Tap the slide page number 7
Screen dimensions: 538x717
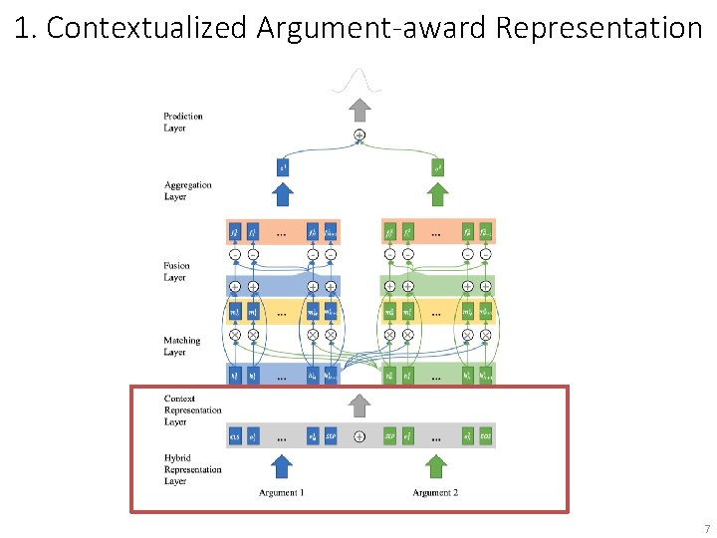[707, 528]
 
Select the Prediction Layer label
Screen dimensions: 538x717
[183, 122]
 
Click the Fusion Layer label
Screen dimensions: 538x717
[176, 271]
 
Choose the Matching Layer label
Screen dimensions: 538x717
[181, 346]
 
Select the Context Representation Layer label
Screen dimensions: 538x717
[193, 410]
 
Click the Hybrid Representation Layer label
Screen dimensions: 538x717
[193, 468]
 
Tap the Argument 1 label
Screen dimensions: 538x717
[282, 493]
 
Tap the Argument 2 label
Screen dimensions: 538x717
[435, 493]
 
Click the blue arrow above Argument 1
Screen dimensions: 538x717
[282, 466]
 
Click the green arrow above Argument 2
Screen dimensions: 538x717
[435, 466]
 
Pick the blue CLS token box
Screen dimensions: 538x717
[235, 436]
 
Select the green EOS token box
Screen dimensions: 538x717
[485, 436]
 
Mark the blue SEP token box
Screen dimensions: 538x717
[332, 436]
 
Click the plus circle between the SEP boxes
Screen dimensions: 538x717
[359, 436]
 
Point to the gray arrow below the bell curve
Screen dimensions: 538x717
[359, 107]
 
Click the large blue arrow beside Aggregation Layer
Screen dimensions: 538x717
[283, 193]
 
